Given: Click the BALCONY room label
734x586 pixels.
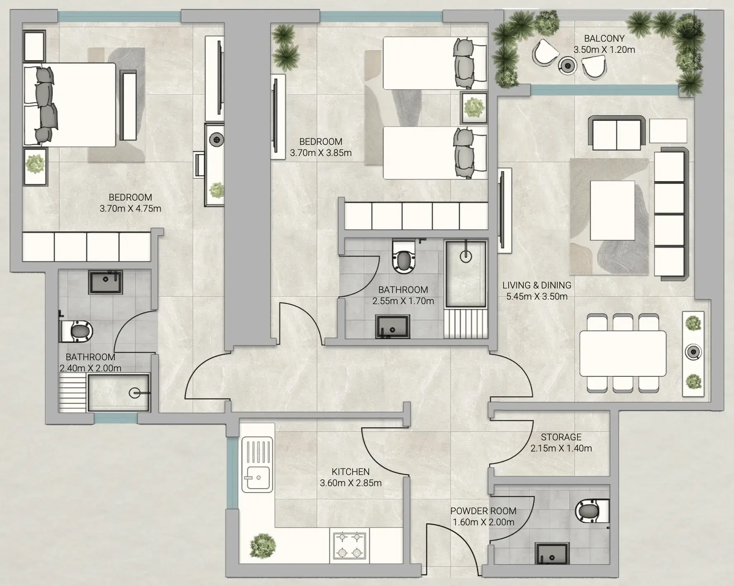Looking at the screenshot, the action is point(604,38).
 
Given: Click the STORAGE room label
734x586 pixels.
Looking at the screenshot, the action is point(561,437).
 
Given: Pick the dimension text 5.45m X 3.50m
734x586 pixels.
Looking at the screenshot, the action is point(537,296).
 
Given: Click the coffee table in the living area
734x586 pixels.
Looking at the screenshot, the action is point(613,210).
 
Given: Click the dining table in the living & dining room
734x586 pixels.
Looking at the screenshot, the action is point(623,353).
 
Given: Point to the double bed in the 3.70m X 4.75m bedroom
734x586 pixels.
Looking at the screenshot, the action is point(69,104).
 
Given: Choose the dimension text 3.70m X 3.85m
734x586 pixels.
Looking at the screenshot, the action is point(321,153).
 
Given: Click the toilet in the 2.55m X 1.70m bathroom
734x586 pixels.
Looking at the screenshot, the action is point(403,256).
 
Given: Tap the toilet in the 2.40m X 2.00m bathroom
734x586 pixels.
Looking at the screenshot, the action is point(76,331).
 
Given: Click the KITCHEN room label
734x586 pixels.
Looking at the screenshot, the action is point(350,472).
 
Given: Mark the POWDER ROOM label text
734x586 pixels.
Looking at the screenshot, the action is point(483,511).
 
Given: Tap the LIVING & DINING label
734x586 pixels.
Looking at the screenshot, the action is point(537,285).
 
